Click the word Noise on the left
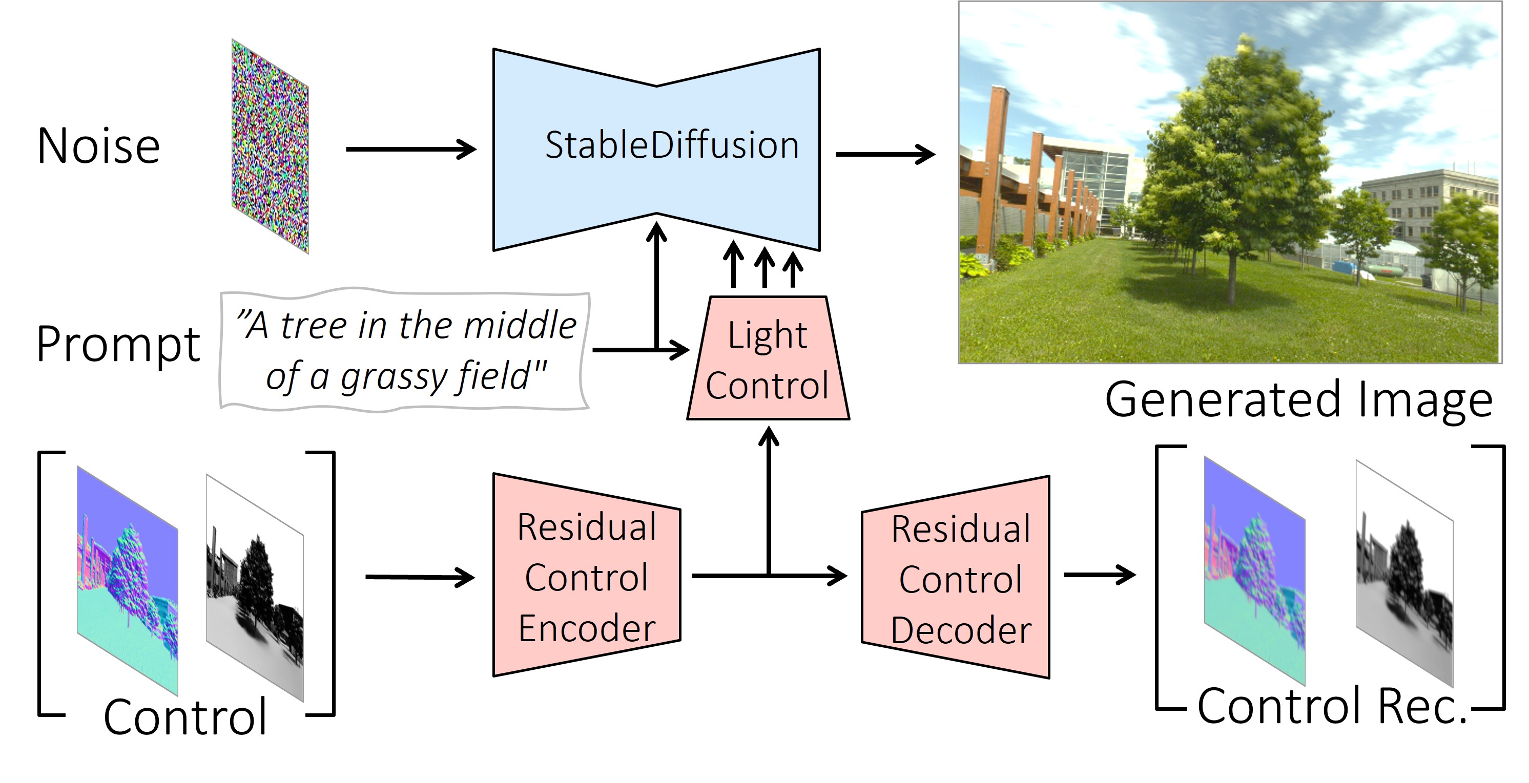click(x=98, y=146)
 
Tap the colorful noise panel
click(x=270, y=146)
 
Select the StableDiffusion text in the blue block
click(x=671, y=145)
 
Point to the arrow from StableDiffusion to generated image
click(x=884, y=154)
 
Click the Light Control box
click(x=768, y=359)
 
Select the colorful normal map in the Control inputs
click(x=127, y=582)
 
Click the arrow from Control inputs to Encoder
click(x=419, y=577)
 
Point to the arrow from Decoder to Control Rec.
click(x=1099, y=575)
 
